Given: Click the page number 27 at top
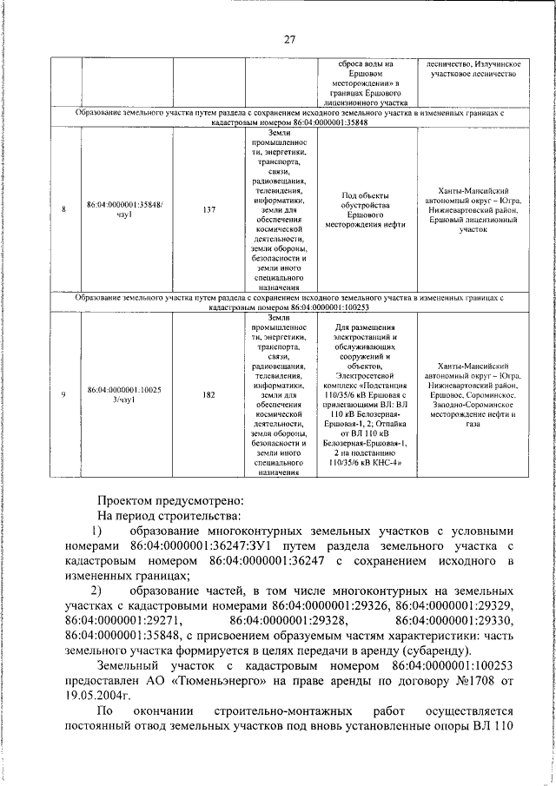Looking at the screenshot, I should pyautogui.click(x=289, y=38).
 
